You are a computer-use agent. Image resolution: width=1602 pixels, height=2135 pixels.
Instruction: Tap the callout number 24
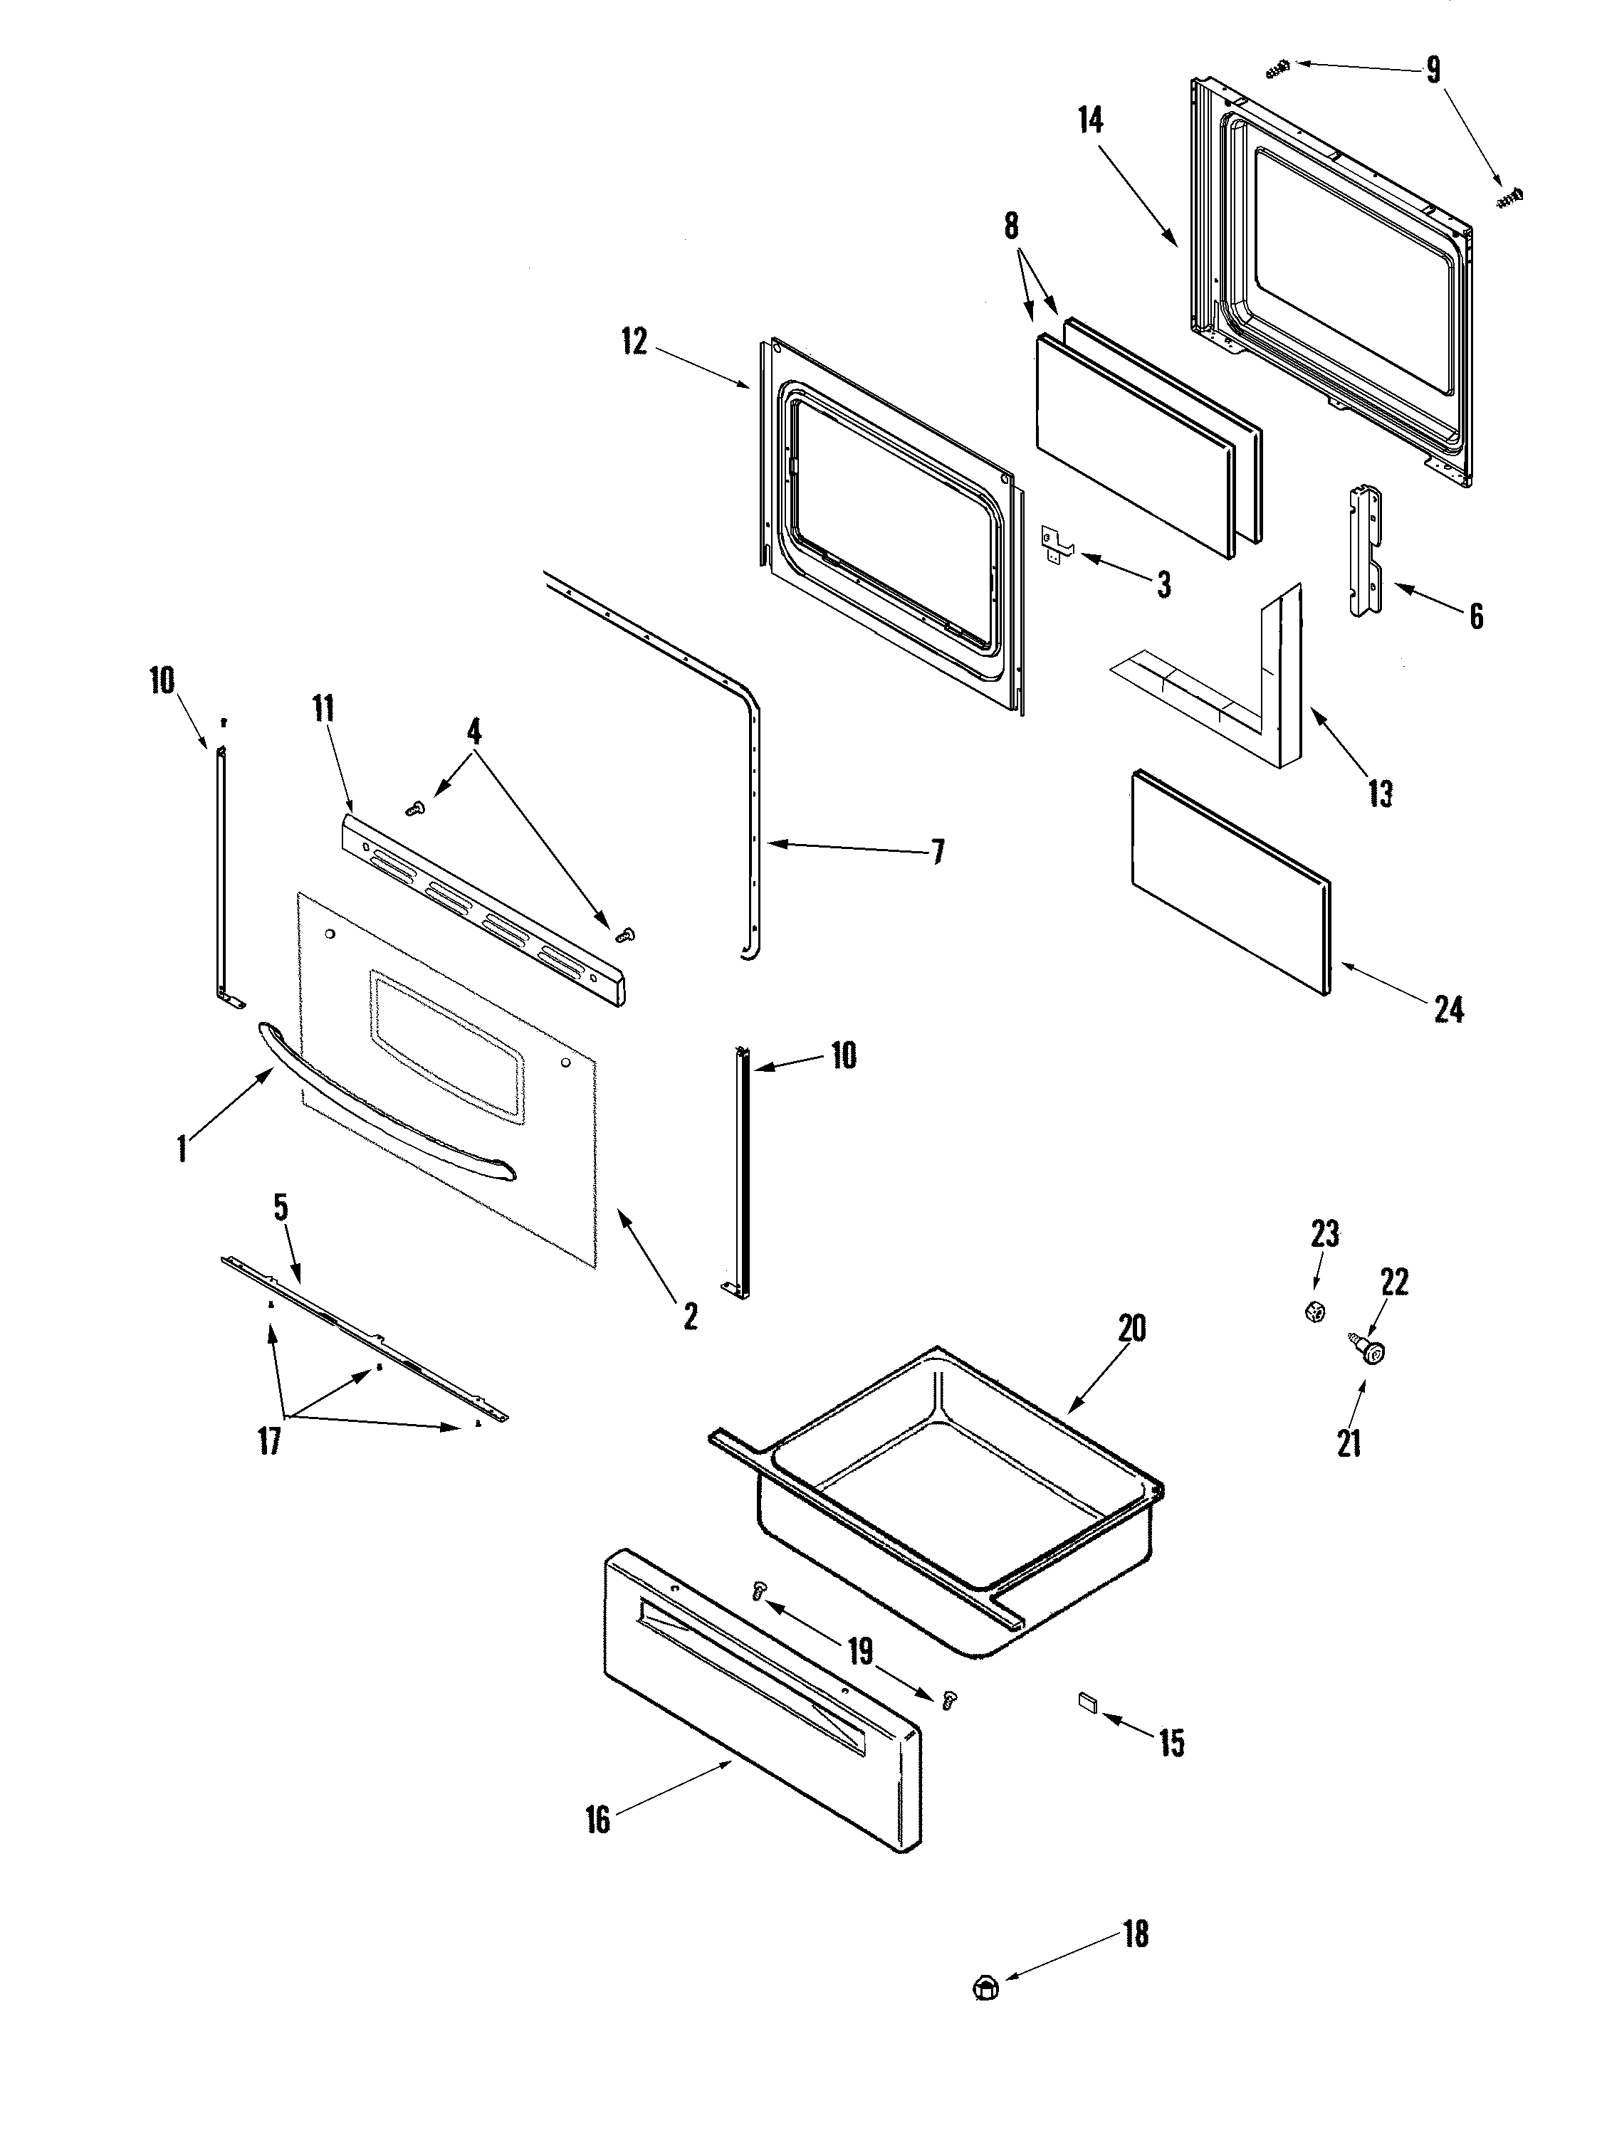click(x=1448, y=1011)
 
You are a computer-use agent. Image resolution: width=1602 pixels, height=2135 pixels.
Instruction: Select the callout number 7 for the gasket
click(x=937, y=851)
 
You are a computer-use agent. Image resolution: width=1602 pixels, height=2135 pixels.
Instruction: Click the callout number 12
click(x=634, y=342)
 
